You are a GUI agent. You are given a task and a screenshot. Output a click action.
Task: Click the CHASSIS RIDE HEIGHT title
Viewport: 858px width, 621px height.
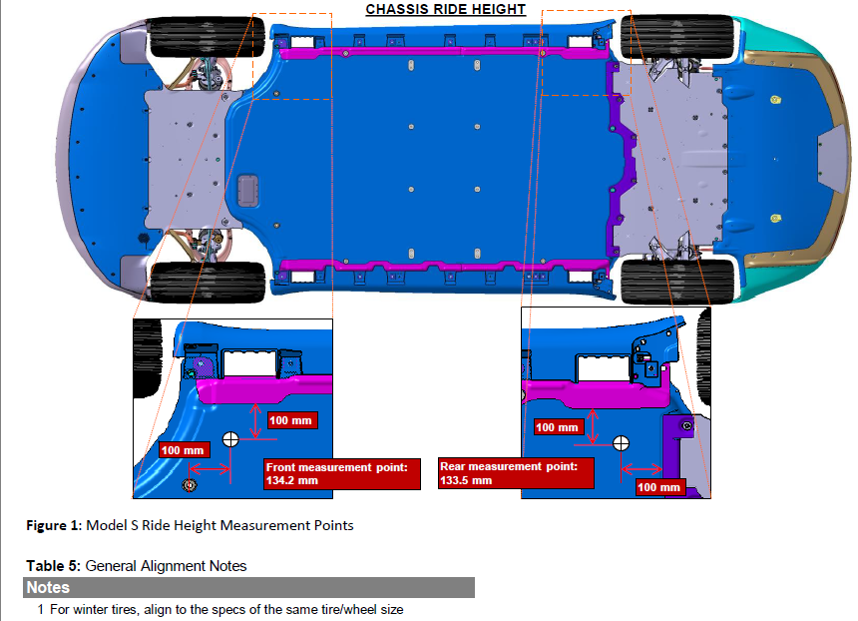pos(445,9)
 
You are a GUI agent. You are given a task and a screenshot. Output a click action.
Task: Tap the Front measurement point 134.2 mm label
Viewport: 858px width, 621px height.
pos(342,474)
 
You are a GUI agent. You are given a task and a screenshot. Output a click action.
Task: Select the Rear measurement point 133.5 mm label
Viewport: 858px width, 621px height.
pos(516,473)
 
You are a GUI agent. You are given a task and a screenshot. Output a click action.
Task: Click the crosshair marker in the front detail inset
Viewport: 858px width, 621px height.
pos(230,439)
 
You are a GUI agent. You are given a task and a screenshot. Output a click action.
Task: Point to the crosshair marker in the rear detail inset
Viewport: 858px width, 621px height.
pos(621,443)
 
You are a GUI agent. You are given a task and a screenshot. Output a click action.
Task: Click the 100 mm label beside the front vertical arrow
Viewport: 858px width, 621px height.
pos(292,420)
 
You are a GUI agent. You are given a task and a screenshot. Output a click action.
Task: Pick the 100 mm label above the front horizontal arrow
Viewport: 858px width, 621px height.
pos(185,450)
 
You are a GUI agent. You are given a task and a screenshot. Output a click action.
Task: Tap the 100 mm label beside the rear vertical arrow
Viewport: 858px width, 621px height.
pos(559,427)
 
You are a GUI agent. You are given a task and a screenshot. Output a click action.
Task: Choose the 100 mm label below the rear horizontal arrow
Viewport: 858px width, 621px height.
pos(660,487)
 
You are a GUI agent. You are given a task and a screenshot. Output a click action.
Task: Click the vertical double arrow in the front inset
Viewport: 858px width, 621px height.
pos(255,421)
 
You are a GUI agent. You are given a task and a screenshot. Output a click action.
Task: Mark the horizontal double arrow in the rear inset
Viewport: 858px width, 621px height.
pos(642,469)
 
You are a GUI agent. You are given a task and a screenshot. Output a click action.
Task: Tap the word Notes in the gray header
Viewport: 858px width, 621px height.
pos(48,587)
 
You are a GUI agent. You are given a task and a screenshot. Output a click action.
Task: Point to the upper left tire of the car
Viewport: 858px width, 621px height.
pos(207,36)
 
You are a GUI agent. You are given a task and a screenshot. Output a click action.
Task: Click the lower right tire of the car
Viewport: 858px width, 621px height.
pos(676,282)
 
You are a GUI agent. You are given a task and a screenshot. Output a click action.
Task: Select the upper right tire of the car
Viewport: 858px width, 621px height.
pos(676,36)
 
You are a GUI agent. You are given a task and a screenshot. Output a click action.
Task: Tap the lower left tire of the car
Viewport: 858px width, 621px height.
pos(207,282)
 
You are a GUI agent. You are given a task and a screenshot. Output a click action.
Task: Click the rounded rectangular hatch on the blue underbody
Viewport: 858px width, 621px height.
pos(247,191)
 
